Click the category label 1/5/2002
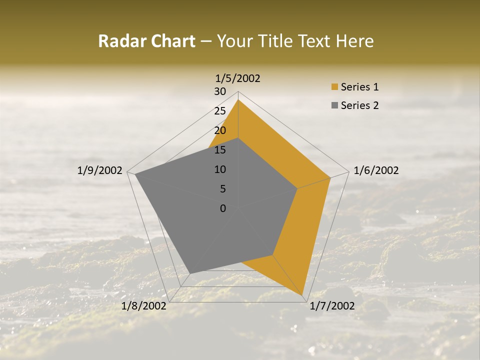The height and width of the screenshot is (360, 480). tap(238, 78)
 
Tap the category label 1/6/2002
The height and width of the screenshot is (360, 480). tap(376, 170)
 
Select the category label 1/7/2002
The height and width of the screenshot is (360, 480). tap(332, 306)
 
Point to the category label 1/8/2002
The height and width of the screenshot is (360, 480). tap(144, 306)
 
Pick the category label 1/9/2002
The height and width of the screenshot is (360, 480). tap(100, 170)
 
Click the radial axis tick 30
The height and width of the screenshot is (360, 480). tap(220, 91)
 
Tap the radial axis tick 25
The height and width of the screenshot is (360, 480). tap(220, 111)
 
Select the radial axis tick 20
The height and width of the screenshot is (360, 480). tap(220, 130)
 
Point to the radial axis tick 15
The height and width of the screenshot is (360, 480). tap(220, 150)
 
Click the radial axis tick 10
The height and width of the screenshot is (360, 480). tap(220, 169)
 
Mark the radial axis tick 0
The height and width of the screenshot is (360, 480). tap(223, 208)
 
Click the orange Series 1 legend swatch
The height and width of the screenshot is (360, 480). tap(334, 87)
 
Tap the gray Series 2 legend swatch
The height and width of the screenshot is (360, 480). tap(334, 105)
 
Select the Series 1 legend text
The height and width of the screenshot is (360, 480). tap(359, 87)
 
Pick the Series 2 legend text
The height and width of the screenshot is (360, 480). tap(359, 105)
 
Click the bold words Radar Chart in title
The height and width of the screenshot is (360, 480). tap(146, 41)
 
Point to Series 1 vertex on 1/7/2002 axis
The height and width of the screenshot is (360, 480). tap(303, 295)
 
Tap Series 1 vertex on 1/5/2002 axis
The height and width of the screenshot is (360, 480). tap(238, 100)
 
